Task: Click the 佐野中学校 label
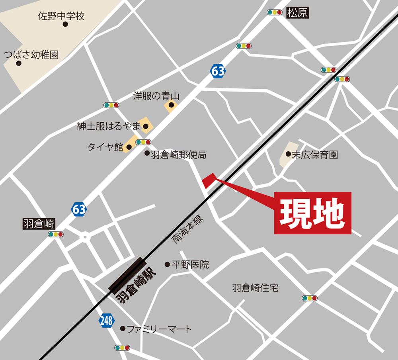(x=61, y=16)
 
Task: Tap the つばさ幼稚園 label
(x=31, y=54)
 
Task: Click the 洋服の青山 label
(x=156, y=96)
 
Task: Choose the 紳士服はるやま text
(x=109, y=127)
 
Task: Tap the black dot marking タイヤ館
(x=129, y=148)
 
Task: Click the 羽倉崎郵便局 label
(x=178, y=155)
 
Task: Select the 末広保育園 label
(x=315, y=155)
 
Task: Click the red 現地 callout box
(x=313, y=213)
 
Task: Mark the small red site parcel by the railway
(x=209, y=180)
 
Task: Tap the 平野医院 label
(x=190, y=264)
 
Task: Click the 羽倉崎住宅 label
(x=255, y=288)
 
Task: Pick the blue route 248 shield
(x=106, y=320)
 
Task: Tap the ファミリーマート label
(x=159, y=329)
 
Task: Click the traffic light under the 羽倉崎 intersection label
(x=55, y=234)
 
